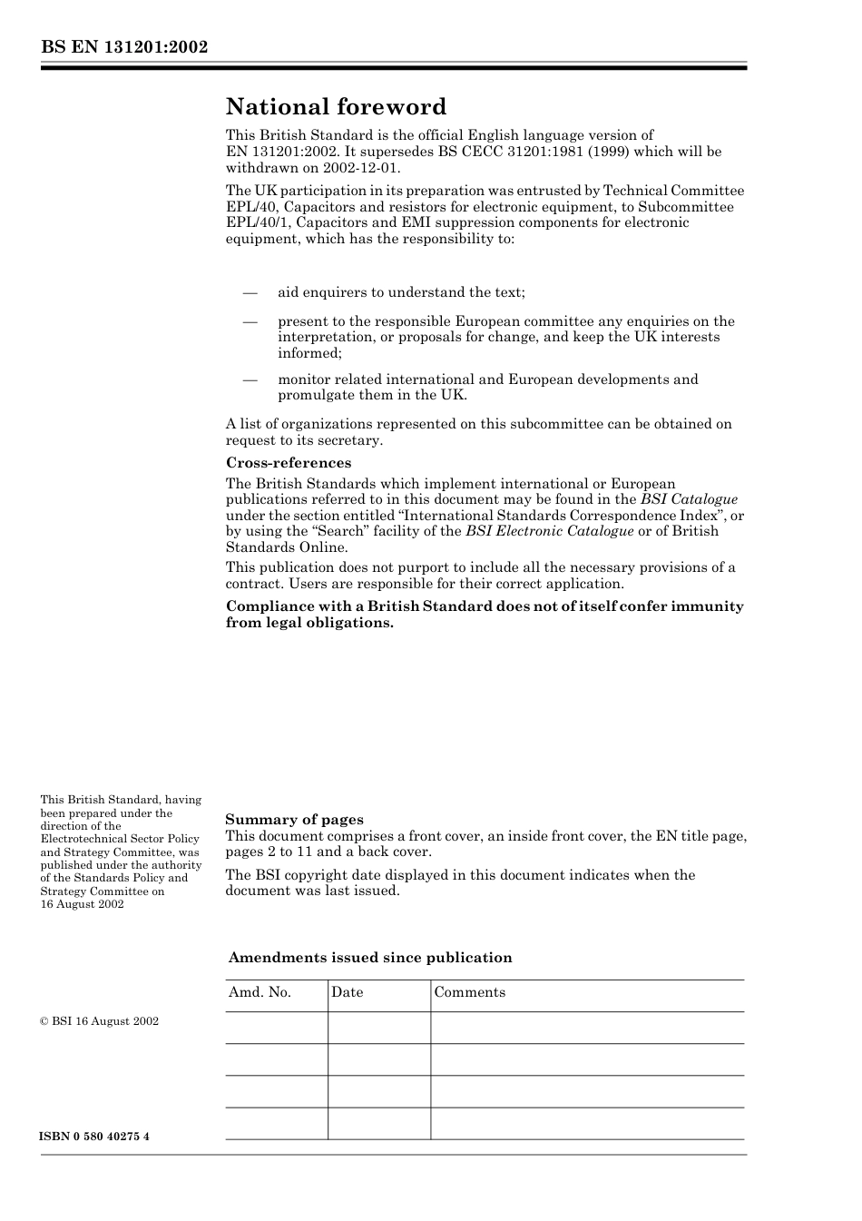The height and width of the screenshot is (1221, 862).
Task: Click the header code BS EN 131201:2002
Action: point(124,47)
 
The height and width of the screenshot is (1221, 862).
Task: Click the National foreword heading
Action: point(336,107)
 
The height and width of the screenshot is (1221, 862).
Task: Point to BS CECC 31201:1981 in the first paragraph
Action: point(511,152)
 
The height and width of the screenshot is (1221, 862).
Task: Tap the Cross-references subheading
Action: point(289,463)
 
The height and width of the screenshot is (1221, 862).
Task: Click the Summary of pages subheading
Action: point(294,820)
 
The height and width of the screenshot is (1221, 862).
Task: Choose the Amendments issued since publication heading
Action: point(370,958)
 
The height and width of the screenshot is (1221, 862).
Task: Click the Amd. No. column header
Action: point(260,992)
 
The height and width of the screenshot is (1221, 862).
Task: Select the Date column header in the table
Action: point(347,992)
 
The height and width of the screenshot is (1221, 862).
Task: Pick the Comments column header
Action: point(469,992)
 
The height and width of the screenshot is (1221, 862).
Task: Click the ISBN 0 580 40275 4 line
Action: point(94,1137)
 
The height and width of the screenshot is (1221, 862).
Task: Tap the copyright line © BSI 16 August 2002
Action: point(99,1021)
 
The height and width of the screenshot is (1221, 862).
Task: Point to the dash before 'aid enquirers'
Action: point(250,292)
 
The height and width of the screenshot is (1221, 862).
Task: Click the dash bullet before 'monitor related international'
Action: point(250,379)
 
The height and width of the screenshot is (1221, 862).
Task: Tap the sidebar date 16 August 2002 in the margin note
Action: point(82,904)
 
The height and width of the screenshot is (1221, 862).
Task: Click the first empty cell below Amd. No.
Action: point(276,1028)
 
